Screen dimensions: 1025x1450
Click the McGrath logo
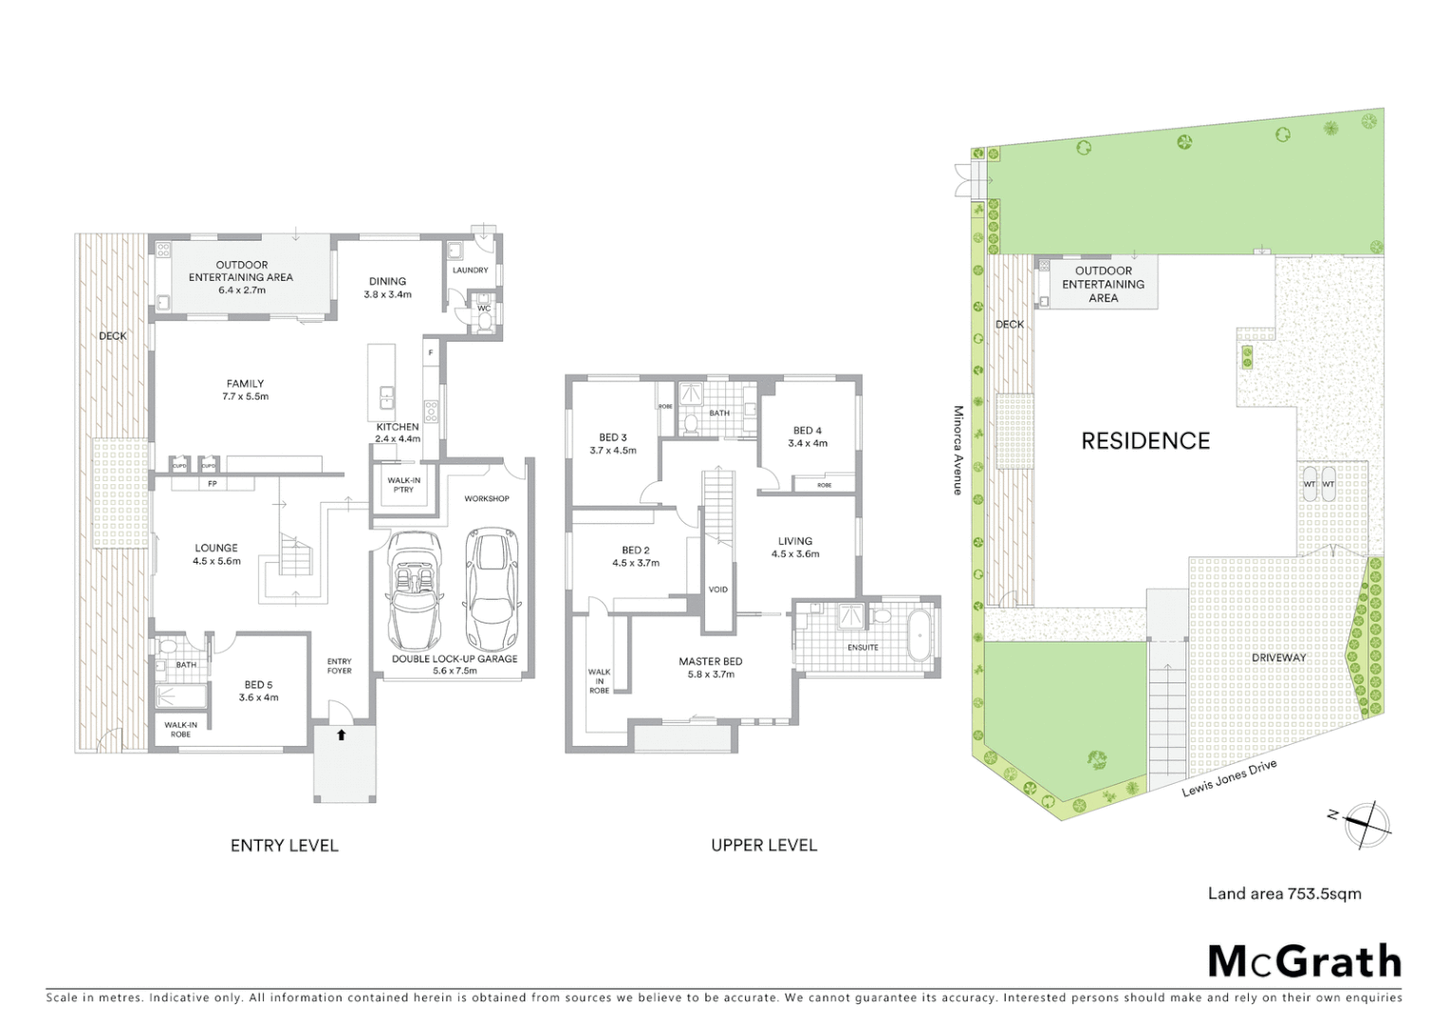[x=1304, y=961]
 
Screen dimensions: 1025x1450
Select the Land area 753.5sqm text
[x=1284, y=893]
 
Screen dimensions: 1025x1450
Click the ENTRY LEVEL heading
[x=284, y=846]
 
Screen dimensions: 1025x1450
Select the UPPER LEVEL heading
[x=763, y=846]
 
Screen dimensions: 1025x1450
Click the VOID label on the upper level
[x=718, y=589]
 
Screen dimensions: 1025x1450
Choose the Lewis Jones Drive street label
[x=1229, y=778]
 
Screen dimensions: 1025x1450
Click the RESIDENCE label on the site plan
[x=1145, y=441]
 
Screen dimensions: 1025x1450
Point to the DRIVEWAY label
[x=1278, y=658]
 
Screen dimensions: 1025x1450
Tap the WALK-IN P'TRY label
[x=403, y=485]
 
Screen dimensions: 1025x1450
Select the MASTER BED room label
[x=710, y=667]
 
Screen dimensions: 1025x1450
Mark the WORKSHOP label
[x=486, y=498]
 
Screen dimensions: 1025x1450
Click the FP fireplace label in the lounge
[x=212, y=484]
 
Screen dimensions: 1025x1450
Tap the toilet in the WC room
[x=484, y=320]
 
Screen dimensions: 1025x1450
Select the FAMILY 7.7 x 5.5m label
[x=245, y=389]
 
